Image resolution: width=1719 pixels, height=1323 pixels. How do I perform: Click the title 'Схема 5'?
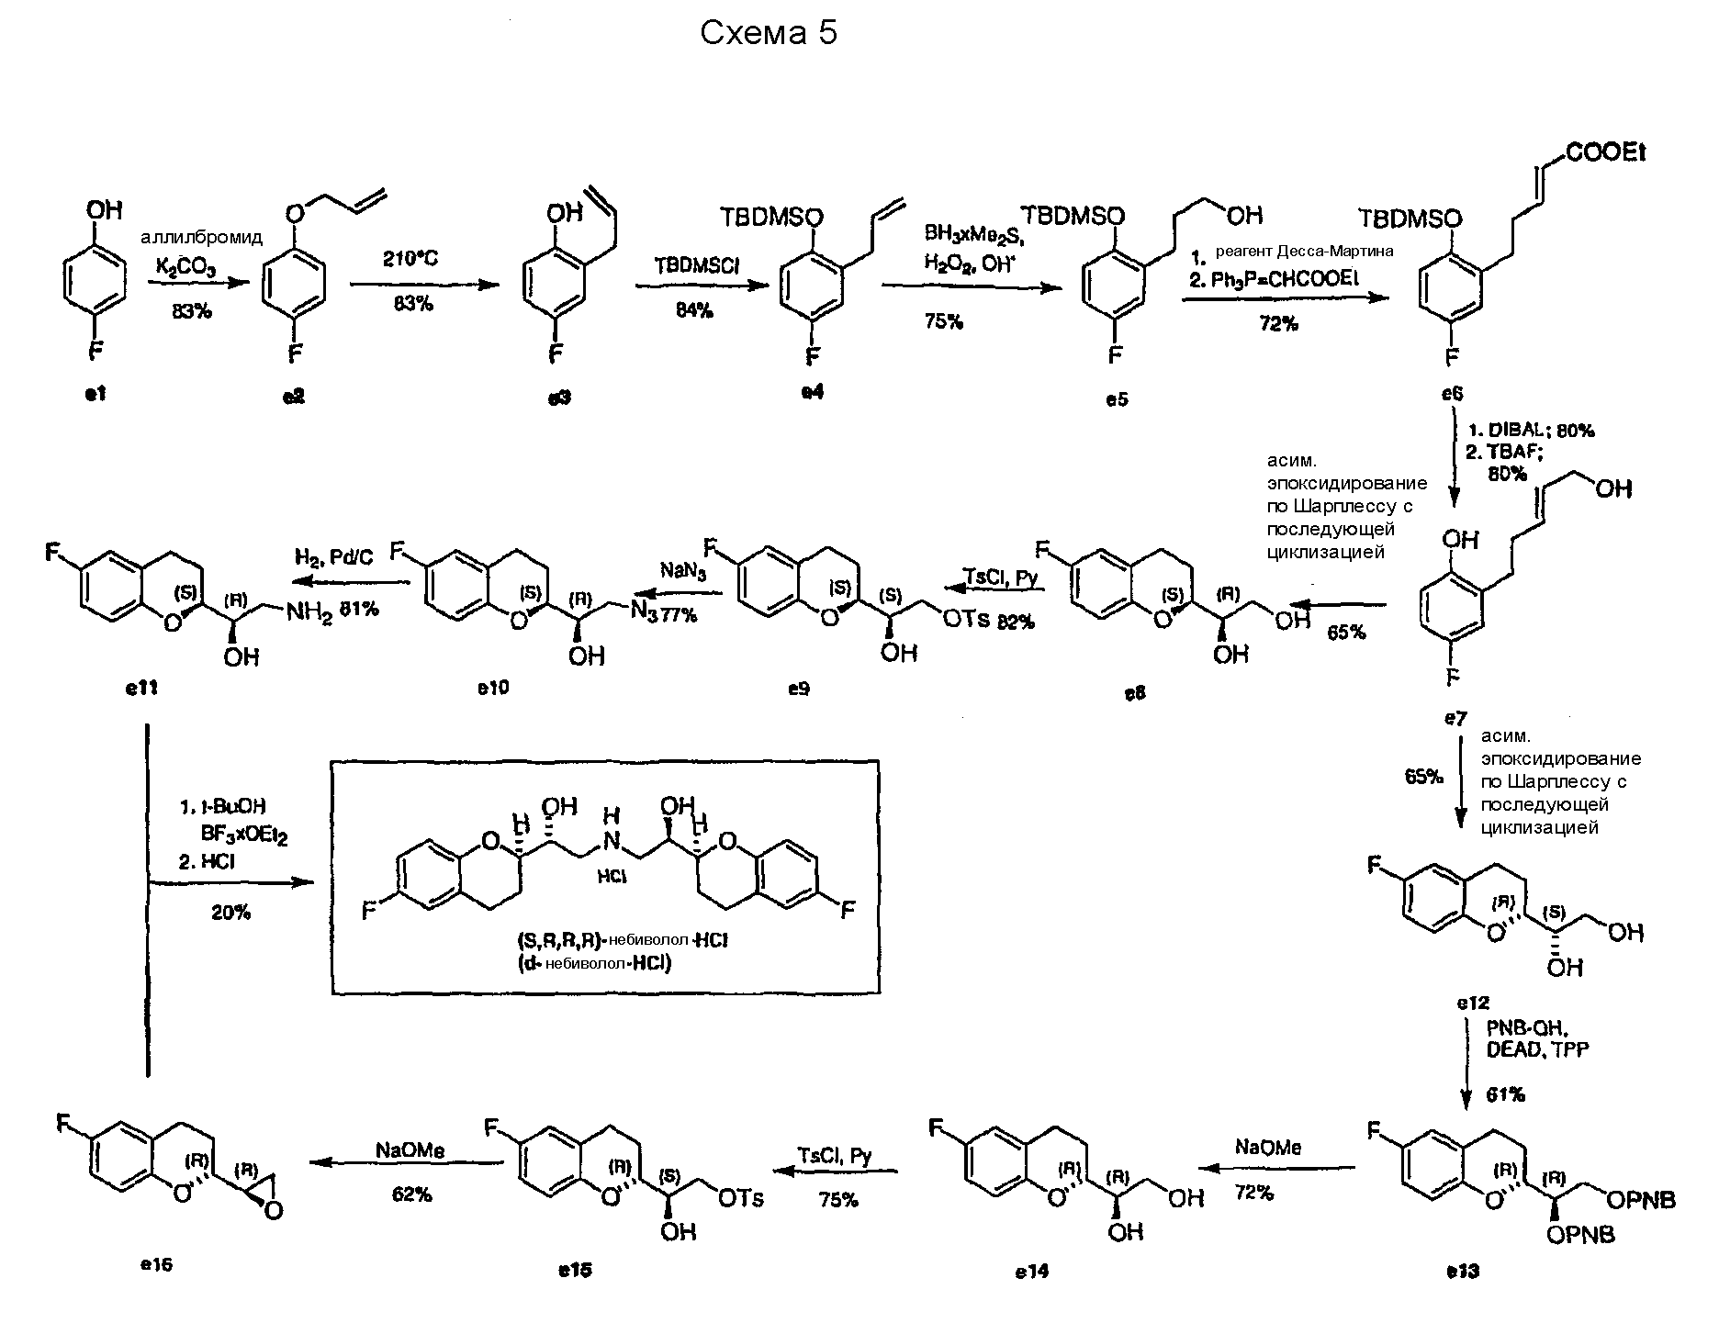(769, 34)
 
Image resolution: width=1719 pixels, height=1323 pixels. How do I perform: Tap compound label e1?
(96, 394)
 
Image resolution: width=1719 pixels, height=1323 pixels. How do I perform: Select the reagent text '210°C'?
(410, 259)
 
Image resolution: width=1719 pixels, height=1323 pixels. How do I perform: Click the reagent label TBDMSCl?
(698, 265)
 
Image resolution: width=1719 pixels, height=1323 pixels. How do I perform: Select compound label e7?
(1455, 718)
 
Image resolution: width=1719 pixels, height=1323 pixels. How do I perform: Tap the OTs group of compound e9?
(966, 620)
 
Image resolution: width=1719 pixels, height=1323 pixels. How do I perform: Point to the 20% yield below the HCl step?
(230, 912)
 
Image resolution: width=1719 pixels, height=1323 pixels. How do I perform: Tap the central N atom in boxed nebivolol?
(613, 840)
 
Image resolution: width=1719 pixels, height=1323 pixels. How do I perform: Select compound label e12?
(1473, 1003)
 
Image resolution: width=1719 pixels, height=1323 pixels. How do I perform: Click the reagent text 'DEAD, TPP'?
(1536, 1049)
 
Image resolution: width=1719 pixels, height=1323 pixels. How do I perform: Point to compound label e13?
(1462, 1272)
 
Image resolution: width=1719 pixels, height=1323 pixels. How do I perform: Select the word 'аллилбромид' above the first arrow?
(201, 238)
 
